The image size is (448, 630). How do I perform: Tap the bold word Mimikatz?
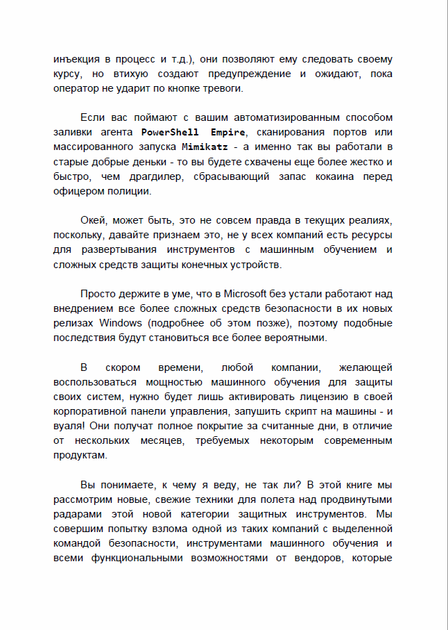[205, 147]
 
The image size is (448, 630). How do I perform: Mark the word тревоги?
[223, 88]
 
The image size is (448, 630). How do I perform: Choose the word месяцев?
[164, 440]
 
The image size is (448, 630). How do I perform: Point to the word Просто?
[99, 293]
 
